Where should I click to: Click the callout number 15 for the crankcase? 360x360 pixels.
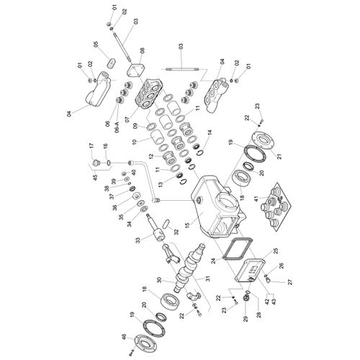187,225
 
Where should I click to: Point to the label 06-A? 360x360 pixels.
117,126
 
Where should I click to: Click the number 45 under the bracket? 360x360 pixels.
95,178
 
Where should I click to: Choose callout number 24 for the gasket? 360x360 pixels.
213,261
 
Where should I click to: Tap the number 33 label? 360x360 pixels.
138,240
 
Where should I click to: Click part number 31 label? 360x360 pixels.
208,279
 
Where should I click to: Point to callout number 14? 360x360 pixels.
210,132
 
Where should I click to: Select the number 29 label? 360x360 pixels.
246,319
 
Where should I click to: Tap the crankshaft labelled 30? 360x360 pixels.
189,266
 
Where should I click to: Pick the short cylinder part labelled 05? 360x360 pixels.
112,63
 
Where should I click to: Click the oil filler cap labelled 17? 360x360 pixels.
96,163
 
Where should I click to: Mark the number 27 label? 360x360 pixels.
290,282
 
